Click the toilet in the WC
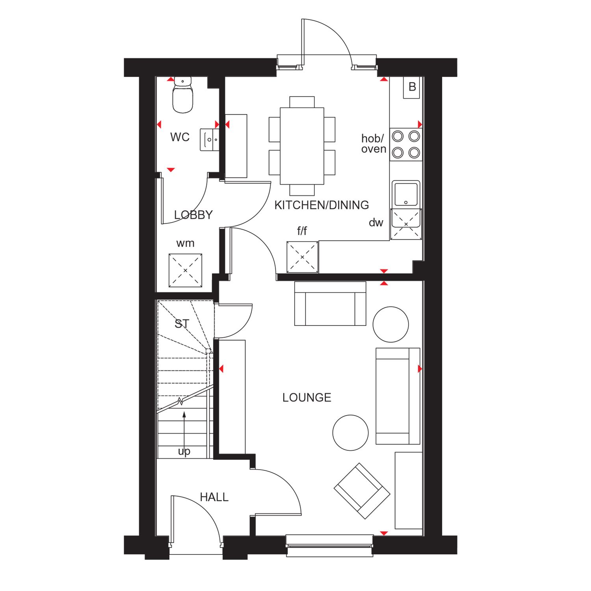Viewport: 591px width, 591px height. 183,97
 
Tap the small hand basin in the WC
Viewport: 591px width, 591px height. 210,139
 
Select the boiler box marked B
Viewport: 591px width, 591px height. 412,87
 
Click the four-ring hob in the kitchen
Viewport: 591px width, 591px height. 406,145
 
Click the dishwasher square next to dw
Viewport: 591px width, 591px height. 406,224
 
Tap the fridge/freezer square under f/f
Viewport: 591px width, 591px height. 302,257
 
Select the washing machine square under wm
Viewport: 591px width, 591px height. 185,270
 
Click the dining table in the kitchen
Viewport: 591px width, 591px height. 302,146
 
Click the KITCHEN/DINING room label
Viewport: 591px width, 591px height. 322,205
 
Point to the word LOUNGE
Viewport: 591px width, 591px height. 307,398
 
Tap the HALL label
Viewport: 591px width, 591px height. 214,497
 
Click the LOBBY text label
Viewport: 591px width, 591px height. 193,215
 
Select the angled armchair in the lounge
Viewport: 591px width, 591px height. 362,491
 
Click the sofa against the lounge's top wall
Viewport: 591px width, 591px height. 330,303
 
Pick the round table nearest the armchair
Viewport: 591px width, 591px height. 350,433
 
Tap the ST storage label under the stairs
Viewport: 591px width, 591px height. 182,324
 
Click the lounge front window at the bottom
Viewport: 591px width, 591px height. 329,545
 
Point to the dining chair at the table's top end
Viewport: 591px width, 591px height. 302,102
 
